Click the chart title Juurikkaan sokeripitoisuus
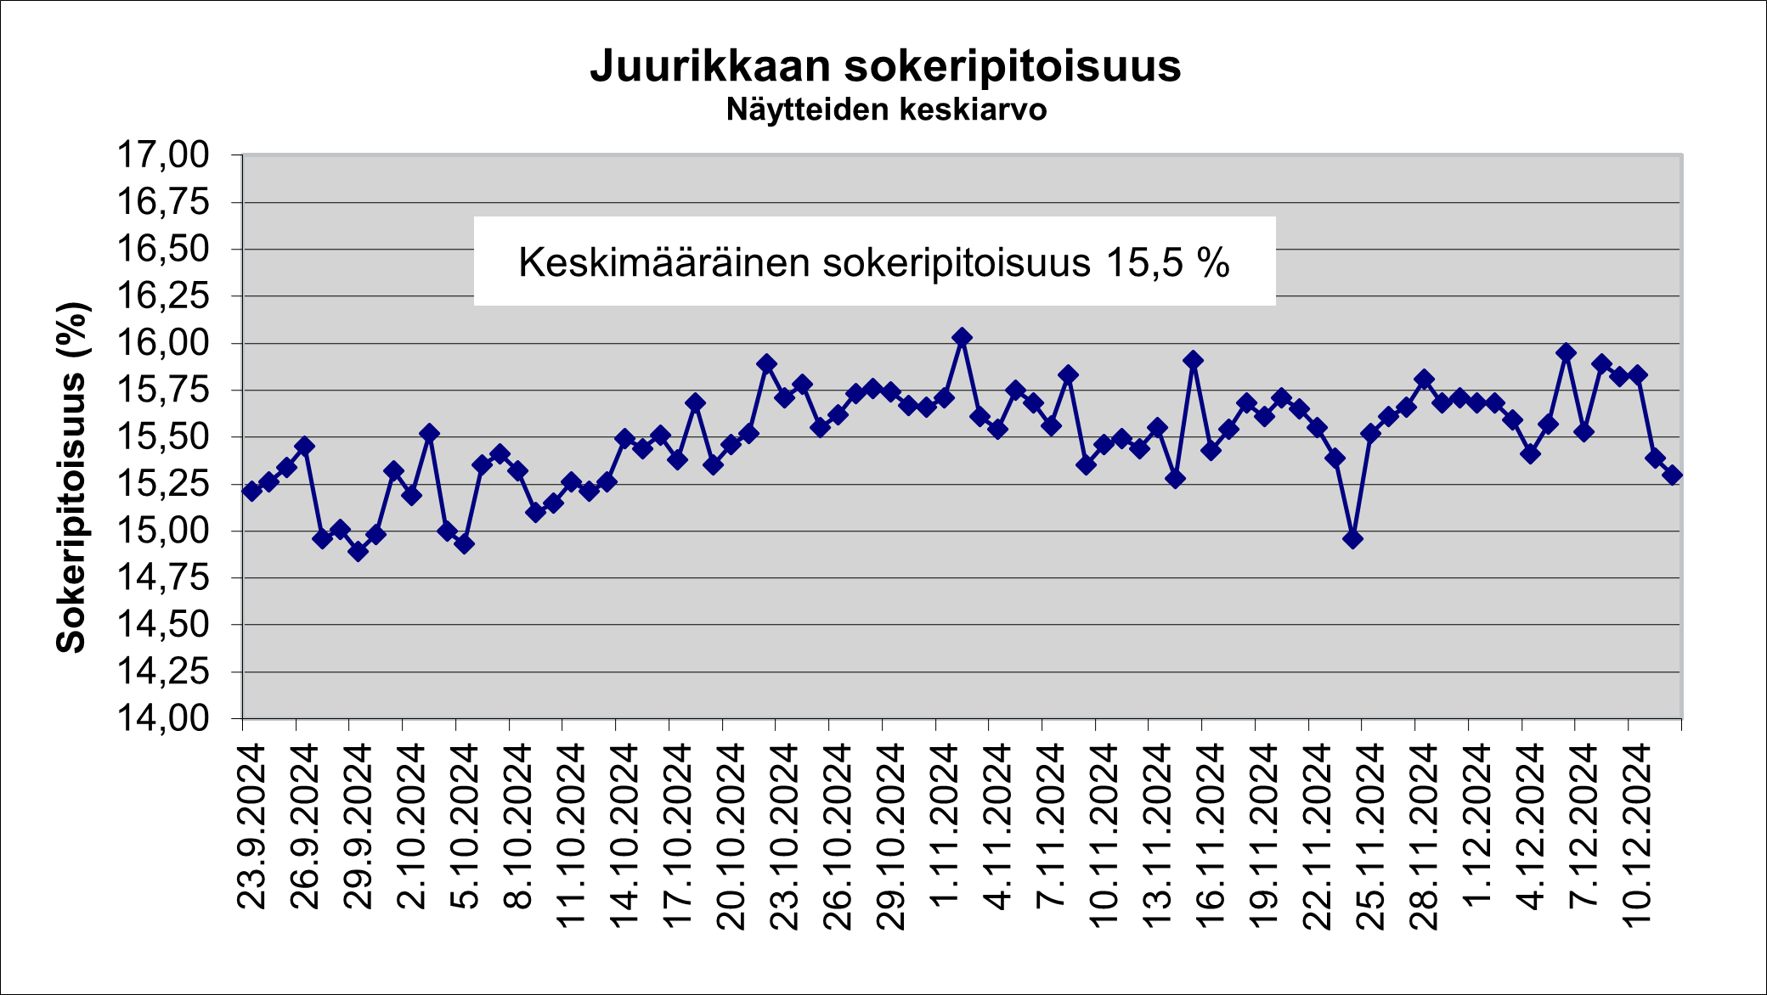[885, 66]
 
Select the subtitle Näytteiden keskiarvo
[886, 110]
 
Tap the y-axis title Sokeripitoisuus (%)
[72, 477]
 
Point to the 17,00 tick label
[162, 155]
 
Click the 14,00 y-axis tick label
[162, 718]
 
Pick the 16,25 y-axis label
[162, 296]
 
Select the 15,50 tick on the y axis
[162, 437]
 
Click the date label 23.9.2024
[252, 827]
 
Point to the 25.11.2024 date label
[1371, 836]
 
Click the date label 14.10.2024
[625, 836]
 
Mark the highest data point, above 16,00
[962, 338]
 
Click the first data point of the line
[251, 491]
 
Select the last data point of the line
[1672, 475]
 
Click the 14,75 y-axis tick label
[162, 578]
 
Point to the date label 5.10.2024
[466, 827]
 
